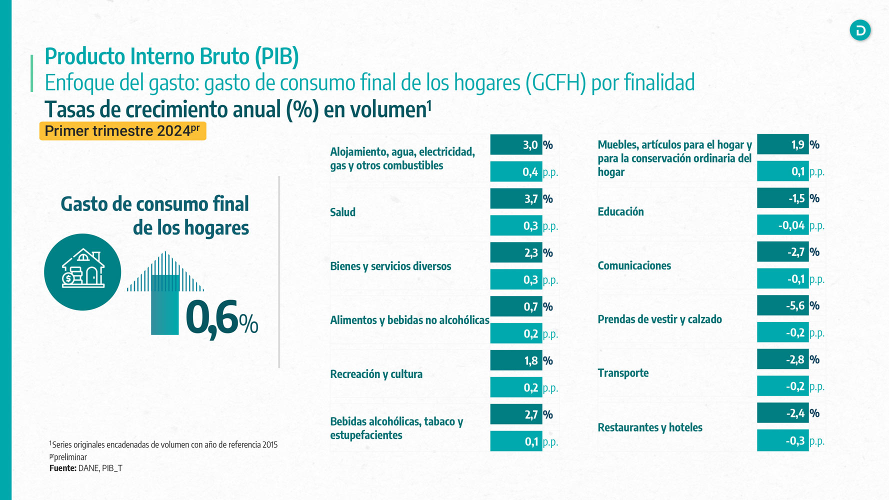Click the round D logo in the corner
[x=860, y=30]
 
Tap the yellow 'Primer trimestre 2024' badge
[x=122, y=131]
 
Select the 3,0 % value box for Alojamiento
[x=516, y=145]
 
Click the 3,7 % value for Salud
[x=516, y=199]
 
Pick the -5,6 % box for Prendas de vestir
[x=782, y=305]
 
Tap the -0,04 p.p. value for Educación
[x=782, y=225]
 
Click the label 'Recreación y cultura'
[x=376, y=374]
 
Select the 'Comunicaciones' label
[x=634, y=265]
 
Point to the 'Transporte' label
[x=623, y=373]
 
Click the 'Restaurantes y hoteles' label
[x=650, y=427]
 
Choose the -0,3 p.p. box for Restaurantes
[x=782, y=440]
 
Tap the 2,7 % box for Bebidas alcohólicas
[x=516, y=414]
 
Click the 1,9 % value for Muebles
[x=782, y=145]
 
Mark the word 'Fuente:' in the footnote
[x=63, y=468]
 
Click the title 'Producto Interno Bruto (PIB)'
[x=171, y=56]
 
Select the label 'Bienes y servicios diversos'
[x=390, y=266]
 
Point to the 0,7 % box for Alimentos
[x=516, y=307]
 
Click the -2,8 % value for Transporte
[x=782, y=359]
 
